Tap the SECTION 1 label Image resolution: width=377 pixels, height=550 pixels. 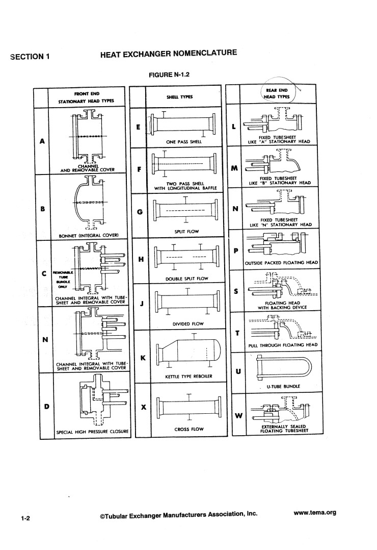[x=30, y=56]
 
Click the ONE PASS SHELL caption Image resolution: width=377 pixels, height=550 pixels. [x=185, y=141]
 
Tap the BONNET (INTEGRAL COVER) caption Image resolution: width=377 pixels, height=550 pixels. [x=89, y=235]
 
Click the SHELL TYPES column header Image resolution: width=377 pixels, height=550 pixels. [x=178, y=97]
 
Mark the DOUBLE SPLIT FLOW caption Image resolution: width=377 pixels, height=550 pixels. [x=187, y=279]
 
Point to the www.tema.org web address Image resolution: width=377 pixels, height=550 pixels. [x=315, y=513]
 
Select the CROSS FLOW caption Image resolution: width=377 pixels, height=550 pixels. [x=188, y=429]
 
